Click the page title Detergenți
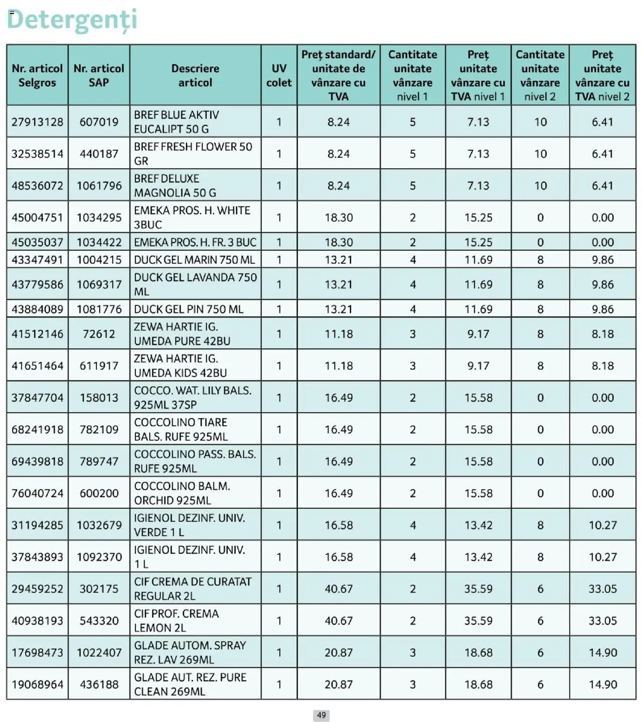72,20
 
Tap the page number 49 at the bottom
322,715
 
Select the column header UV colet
279,75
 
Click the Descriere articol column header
195,75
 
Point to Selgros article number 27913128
38,122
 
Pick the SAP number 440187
99,154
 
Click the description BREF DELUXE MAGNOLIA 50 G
175,186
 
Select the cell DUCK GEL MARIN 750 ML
194,260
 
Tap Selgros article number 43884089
38,309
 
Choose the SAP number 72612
99,334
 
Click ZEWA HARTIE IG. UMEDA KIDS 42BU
181,366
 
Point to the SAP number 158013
99,398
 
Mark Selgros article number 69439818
38,461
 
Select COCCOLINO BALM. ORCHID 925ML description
182,493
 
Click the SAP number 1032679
99,525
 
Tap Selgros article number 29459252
38,589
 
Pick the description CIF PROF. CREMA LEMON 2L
177,621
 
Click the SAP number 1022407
99,653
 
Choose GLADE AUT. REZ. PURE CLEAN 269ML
190,684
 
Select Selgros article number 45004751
38,217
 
